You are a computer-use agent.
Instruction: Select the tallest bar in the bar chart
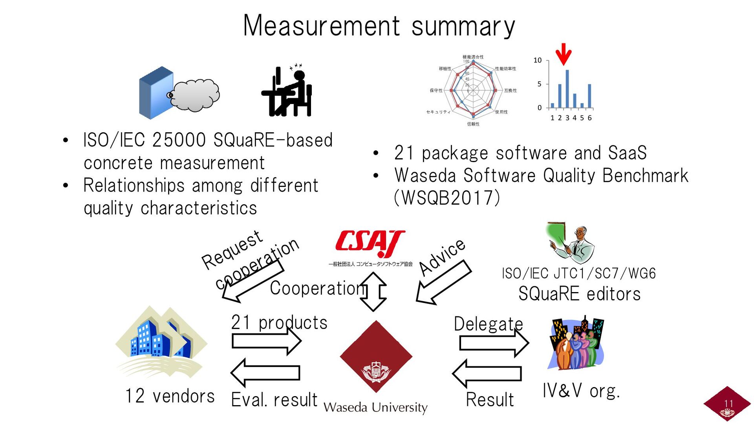567,88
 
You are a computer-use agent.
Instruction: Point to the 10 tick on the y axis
537,60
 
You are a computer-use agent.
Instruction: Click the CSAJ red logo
370,243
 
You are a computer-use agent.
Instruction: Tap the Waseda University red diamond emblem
376,356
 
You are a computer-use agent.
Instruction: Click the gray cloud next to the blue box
195,95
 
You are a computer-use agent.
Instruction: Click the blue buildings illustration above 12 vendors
161,340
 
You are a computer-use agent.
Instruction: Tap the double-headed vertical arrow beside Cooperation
373,291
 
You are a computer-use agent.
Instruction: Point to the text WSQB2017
447,198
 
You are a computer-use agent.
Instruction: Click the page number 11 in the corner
728,404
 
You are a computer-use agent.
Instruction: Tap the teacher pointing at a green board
571,243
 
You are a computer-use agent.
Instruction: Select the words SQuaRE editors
579,294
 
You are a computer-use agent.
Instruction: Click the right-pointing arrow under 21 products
266,341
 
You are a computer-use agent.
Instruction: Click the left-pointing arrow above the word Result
487,373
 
